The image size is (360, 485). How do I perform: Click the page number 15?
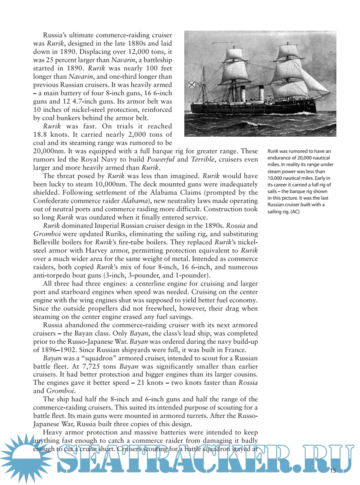(x=333, y=471)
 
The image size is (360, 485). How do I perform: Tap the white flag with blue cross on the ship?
(x=191, y=86)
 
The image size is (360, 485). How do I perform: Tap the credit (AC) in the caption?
(x=295, y=212)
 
